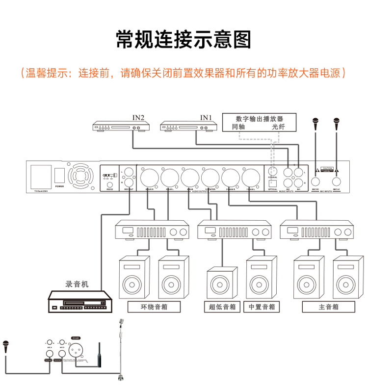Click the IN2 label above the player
click(138, 118)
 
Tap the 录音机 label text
click(77, 284)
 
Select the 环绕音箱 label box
click(154, 308)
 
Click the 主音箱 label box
click(328, 308)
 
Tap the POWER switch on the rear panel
click(59, 176)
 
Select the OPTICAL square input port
click(273, 182)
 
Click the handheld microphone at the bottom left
click(6, 346)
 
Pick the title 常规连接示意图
click(184, 39)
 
